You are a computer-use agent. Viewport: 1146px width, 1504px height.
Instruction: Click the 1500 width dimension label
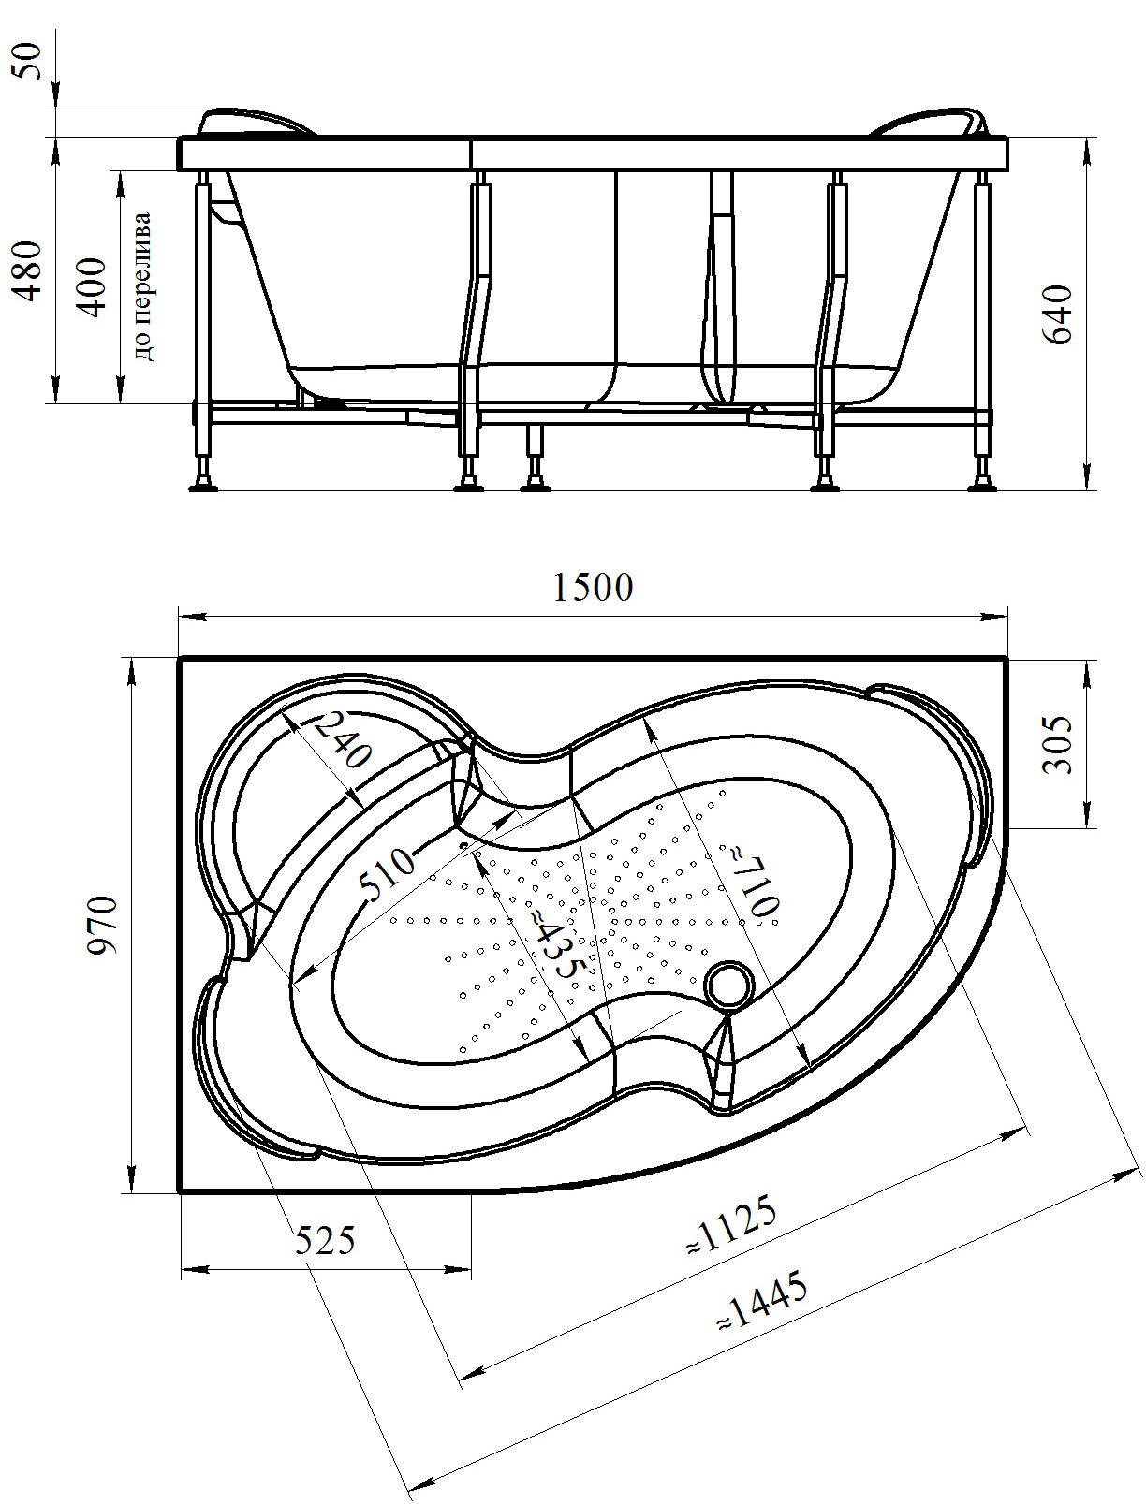593,588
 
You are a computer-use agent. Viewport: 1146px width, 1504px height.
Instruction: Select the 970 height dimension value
102,924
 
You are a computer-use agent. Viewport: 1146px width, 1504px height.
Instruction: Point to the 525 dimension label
325,1241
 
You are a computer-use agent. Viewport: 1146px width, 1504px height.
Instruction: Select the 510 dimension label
387,873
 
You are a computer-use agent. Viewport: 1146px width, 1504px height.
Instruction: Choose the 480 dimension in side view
31,270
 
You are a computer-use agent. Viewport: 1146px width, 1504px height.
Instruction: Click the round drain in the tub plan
729,985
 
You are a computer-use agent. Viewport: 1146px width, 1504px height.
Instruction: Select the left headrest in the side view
257,123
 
